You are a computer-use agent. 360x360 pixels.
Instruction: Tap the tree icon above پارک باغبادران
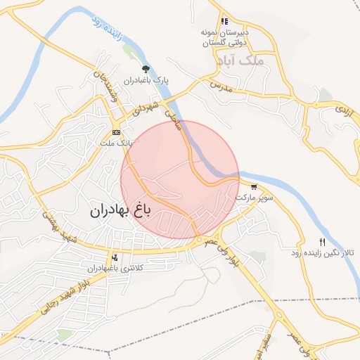146,69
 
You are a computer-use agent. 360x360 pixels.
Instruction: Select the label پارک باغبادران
144,81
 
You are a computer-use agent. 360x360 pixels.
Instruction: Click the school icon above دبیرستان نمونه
225,22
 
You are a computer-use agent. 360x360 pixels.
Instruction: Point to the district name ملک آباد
259,61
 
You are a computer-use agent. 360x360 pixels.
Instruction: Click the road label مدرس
220,86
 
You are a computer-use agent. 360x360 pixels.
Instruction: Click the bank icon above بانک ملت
116,132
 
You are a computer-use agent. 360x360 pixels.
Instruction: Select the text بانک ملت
116,143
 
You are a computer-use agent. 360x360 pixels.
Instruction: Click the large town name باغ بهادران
120,210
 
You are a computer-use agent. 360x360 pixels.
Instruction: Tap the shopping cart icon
253,187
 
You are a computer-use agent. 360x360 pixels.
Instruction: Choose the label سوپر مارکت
252,198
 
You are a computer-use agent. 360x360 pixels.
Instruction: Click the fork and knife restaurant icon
322,242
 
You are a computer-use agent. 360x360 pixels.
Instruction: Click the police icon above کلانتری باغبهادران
115,258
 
